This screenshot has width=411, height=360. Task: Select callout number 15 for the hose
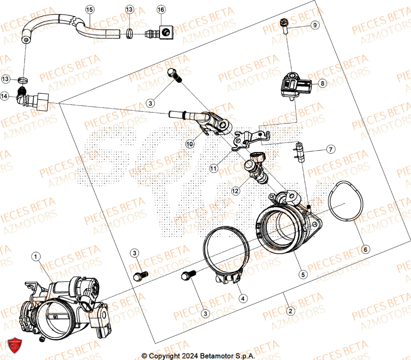(90, 9)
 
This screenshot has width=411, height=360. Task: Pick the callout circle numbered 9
(314, 25)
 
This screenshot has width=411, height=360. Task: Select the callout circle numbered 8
(322, 84)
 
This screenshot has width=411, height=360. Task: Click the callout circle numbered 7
(331, 149)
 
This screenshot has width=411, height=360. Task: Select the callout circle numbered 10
(189, 144)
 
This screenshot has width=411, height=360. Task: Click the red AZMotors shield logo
(14, 345)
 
